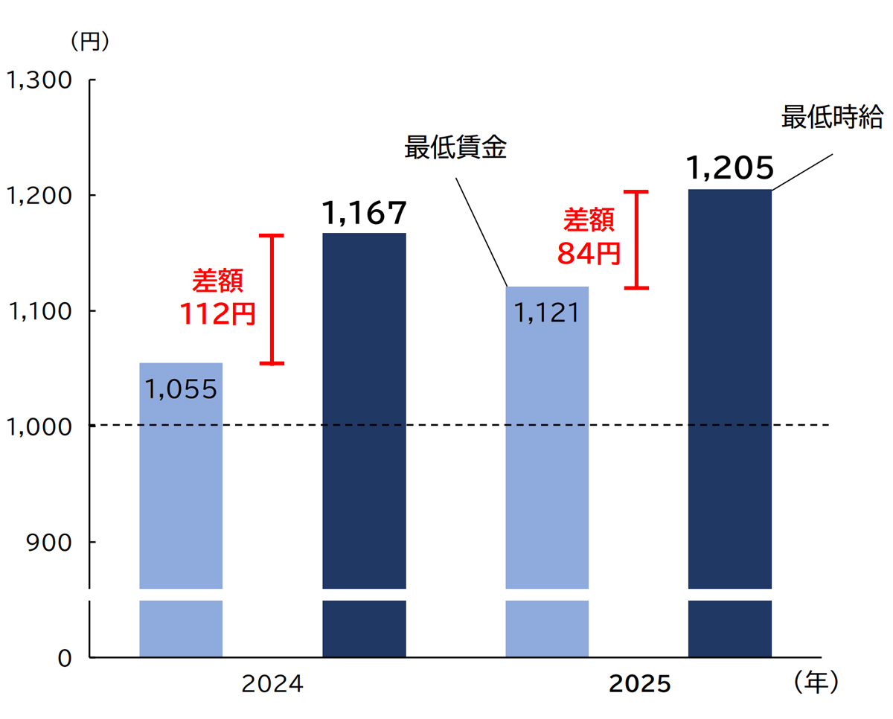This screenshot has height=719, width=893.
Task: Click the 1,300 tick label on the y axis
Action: (39, 80)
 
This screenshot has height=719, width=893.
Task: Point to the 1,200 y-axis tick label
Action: (39, 196)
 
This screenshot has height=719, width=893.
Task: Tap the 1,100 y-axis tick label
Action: (39, 311)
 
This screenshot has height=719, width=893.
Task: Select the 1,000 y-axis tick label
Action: (39, 426)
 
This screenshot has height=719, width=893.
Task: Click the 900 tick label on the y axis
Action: (51, 542)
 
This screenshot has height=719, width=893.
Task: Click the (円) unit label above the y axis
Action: (90, 42)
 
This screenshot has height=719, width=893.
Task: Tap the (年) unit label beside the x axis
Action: (816, 682)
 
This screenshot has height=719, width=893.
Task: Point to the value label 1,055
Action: (181, 389)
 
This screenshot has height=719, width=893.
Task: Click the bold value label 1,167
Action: (365, 214)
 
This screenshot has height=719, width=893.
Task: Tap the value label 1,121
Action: (547, 313)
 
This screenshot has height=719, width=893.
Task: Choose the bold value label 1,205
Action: (730, 170)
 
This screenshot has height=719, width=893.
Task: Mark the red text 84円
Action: (589, 254)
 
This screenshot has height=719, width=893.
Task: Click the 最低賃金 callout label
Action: (455, 148)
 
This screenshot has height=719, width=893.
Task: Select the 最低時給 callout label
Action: (832, 118)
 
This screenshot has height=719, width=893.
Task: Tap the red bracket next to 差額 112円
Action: (275, 299)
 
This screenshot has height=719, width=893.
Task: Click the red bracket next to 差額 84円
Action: (636, 240)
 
